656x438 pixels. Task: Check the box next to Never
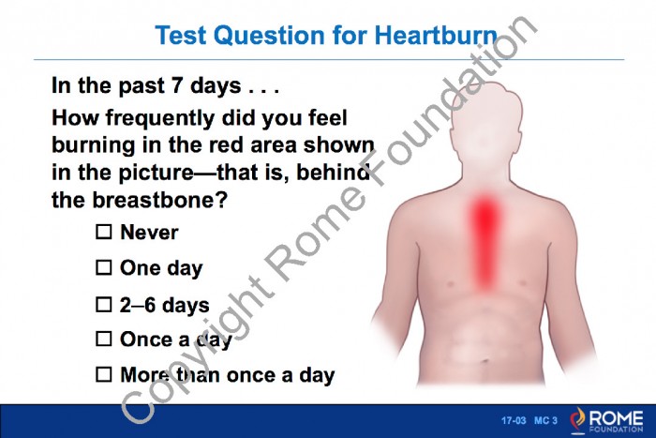(x=104, y=232)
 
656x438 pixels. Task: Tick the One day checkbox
(x=104, y=267)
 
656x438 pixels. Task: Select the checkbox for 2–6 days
(x=104, y=305)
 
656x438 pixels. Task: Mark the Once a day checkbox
(x=104, y=339)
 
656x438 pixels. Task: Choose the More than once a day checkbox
(x=104, y=374)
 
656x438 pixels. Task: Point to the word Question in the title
(x=270, y=36)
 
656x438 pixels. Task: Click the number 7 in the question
(x=177, y=85)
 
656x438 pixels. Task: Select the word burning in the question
(x=93, y=145)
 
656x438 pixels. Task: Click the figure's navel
(x=485, y=360)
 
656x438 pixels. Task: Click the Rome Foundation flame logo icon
(x=577, y=419)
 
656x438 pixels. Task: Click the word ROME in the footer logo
(x=617, y=417)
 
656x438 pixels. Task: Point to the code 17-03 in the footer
(x=514, y=420)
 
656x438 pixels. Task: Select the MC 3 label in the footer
(x=545, y=420)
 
